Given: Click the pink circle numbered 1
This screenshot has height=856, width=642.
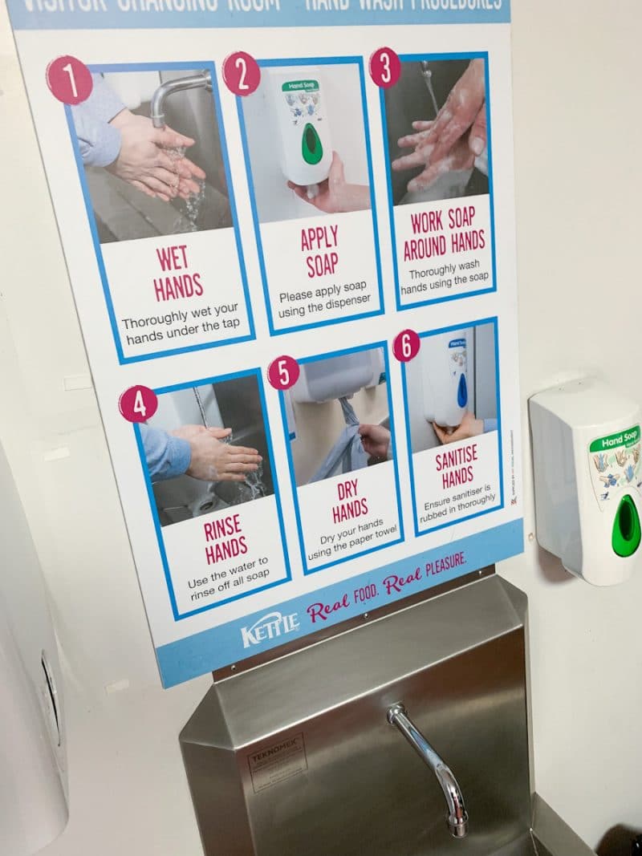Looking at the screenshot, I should click(69, 79).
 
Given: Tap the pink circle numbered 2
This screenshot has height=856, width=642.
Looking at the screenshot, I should click(242, 74).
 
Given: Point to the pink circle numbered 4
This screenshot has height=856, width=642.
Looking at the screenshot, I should click(138, 404).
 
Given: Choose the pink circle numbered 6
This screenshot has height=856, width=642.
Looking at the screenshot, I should click(406, 346).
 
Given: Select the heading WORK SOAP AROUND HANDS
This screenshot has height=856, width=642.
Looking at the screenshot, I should click(444, 233).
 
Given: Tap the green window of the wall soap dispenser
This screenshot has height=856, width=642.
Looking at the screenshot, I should click(625, 525).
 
